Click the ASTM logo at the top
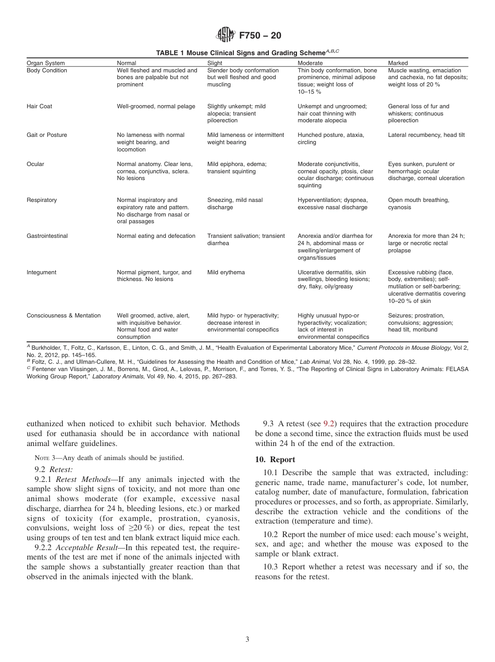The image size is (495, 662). click(226, 35)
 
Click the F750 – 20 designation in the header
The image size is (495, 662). click(260, 36)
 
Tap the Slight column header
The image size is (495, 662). click(215, 63)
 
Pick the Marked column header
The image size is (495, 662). click(398, 63)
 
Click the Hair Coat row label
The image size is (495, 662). click(40, 106)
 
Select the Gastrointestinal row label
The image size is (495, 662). click(47, 236)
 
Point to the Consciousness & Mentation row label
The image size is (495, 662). click(64, 315)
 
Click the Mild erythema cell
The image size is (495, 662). click(226, 272)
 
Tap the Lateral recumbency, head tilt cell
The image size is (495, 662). click(426, 135)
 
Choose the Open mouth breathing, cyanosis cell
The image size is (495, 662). click(418, 203)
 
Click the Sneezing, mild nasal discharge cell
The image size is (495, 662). click(234, 203)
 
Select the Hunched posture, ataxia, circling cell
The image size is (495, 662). click(331, 138)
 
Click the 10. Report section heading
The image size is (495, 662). click(275, 460)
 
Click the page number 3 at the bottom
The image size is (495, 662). click(247, 640)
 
